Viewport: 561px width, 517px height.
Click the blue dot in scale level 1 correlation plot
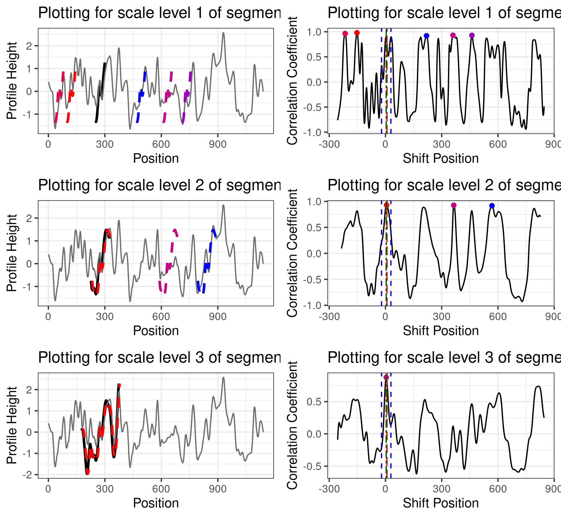(x=426, y=36)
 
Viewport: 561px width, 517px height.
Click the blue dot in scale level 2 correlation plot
(x=492, y=206)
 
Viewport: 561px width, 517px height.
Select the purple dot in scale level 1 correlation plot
(x=472, y=35)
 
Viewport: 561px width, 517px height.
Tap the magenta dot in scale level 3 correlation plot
(x=386, y=377)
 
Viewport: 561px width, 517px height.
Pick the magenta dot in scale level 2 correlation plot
(x=454, y=205)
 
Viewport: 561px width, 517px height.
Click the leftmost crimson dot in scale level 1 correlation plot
(x=345, y=34)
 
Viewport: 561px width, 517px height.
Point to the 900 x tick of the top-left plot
(x=218, y=145)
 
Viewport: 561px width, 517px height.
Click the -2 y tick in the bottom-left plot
(x=29, y=475)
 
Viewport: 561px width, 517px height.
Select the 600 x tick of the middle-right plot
(x=498, y=317)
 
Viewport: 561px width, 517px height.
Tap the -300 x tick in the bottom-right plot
(x=329, y=489)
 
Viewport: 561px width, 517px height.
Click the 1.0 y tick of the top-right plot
(x=314, y=32)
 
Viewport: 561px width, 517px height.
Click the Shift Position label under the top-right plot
(x=441, y=159)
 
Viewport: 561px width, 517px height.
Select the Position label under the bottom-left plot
(x=156, y=503)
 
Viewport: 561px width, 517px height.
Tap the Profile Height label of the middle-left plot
(x=12, y=253)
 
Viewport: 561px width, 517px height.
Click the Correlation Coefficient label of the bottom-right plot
(x=292, y=425)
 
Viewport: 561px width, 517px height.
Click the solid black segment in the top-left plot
(x=100, y=93)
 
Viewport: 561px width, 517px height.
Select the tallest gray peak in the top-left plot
(x=223, y=34)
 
